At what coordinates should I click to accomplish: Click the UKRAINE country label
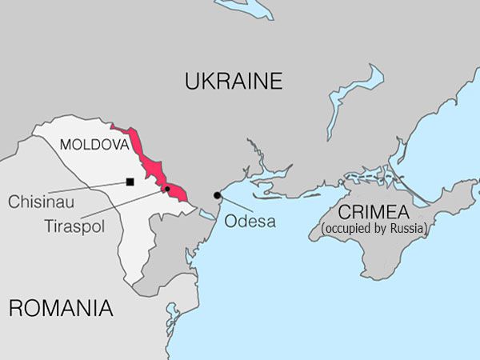(234, 81)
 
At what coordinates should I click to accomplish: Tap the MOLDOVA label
(94, 146)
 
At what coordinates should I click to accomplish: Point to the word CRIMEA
(374, 212)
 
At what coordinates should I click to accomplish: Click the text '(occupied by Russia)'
(374, 229)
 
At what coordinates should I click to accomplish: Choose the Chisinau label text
(42, 202)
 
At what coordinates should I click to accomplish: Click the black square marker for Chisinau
(130, 182)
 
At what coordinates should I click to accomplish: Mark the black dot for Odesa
(217, 195)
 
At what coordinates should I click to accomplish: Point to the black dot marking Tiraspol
(167, 189)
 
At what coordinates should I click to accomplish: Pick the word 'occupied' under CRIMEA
(348, 229)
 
